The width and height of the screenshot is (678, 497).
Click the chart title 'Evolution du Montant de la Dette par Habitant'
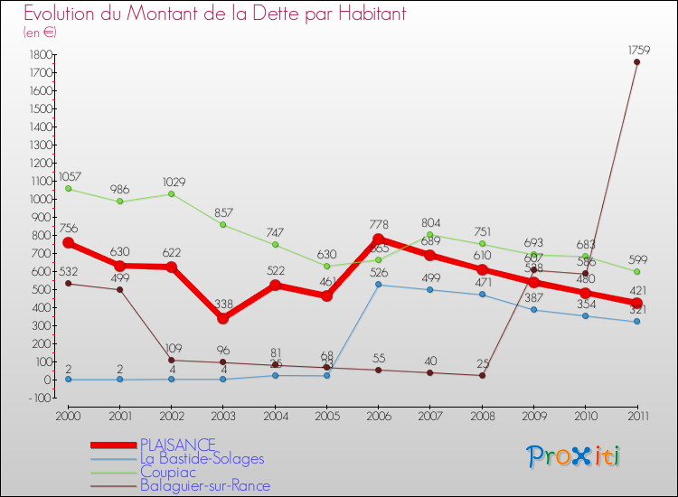click(214, 14)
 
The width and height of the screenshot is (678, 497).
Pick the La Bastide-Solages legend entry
click(202, 458)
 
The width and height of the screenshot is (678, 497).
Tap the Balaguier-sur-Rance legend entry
click(205, 486)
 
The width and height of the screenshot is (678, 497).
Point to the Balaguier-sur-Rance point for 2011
click(636, 62)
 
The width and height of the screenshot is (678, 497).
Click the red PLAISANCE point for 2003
click(222, 318)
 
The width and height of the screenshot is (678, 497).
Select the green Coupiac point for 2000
click(68, 189)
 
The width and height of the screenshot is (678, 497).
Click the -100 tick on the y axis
click(37, 398)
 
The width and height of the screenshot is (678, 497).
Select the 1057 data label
click(69, 176)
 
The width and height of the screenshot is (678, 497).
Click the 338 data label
click(222, 305)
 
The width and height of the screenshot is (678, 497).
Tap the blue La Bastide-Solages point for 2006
click(378, 285)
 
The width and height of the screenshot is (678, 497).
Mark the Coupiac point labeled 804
click(429, 235)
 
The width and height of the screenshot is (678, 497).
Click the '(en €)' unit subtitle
click(40, 32)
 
